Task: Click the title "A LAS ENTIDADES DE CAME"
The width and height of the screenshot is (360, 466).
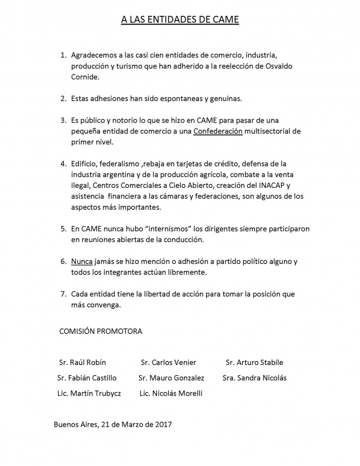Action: click(179, 20)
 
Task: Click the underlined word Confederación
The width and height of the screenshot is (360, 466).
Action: click(218, 131)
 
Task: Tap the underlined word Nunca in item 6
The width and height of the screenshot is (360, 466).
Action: click(82, 261)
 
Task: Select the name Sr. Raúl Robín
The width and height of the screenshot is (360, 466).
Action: click(83, 362)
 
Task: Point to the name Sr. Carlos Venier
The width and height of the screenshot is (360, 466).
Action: click(168, 362)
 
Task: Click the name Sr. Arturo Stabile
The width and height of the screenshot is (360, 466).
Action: click(254, 362)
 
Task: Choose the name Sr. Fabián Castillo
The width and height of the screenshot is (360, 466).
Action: click(87, 378)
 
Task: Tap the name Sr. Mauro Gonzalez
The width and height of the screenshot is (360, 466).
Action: click(171, 378)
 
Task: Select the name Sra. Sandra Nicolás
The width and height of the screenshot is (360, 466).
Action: click(254, 378)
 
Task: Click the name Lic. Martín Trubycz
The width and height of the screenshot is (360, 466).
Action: click(89, 393)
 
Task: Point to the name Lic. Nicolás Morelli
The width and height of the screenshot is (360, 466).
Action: click(170, 393)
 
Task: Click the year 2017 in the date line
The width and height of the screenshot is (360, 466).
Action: click(163, 424)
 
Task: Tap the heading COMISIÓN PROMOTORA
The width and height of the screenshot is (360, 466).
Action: click(101, 331)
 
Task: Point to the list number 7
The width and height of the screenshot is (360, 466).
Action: click(63, 294)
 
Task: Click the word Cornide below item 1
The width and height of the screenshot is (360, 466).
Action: click(85, 77)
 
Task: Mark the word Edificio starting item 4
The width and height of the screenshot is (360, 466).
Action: click(86, 163)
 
